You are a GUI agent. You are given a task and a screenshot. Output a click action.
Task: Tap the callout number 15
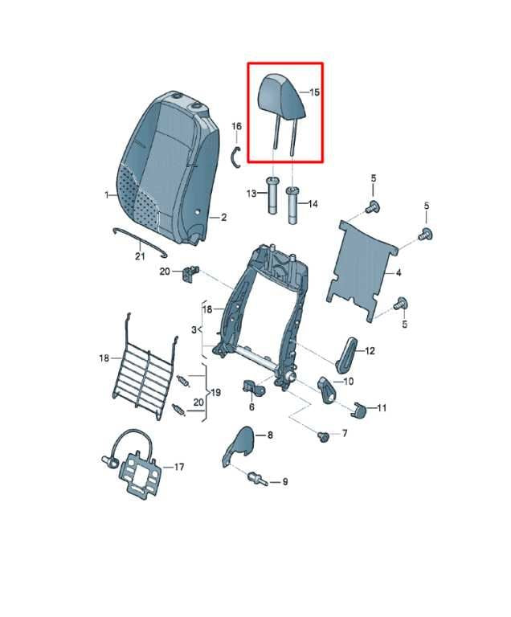pyautogui.click(x=314, y=92)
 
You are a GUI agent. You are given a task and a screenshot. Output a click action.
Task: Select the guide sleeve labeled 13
pyautogui.click(x=273, y=195)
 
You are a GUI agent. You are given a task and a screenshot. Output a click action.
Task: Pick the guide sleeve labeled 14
pyautogui.click(x=292, y=206)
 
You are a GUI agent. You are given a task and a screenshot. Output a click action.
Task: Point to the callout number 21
pyautogui.click(x=140, y=256)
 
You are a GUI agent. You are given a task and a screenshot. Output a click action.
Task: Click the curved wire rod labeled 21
pyautogui.click(x=141, y=240)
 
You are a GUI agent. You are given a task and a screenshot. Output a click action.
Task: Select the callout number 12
pyautogui.click(x=370, y=350)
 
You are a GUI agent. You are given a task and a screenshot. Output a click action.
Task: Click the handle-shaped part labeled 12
pyautogui.click(x=345, y=354)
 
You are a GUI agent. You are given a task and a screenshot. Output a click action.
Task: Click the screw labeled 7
pyautogui.click(x=323, y=436)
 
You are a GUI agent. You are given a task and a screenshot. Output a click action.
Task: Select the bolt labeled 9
pyautogui.click(x=258, y=479)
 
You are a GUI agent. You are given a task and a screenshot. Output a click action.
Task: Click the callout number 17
pyautogui.click(x=179, y=467)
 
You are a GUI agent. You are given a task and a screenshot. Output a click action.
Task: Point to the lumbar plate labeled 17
pyautogui.click(x=135, y=469)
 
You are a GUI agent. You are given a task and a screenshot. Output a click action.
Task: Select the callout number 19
pyautogui.click(x=216, y=393)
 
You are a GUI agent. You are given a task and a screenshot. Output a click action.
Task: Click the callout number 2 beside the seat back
pyautogui.click(x=223, y=217)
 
